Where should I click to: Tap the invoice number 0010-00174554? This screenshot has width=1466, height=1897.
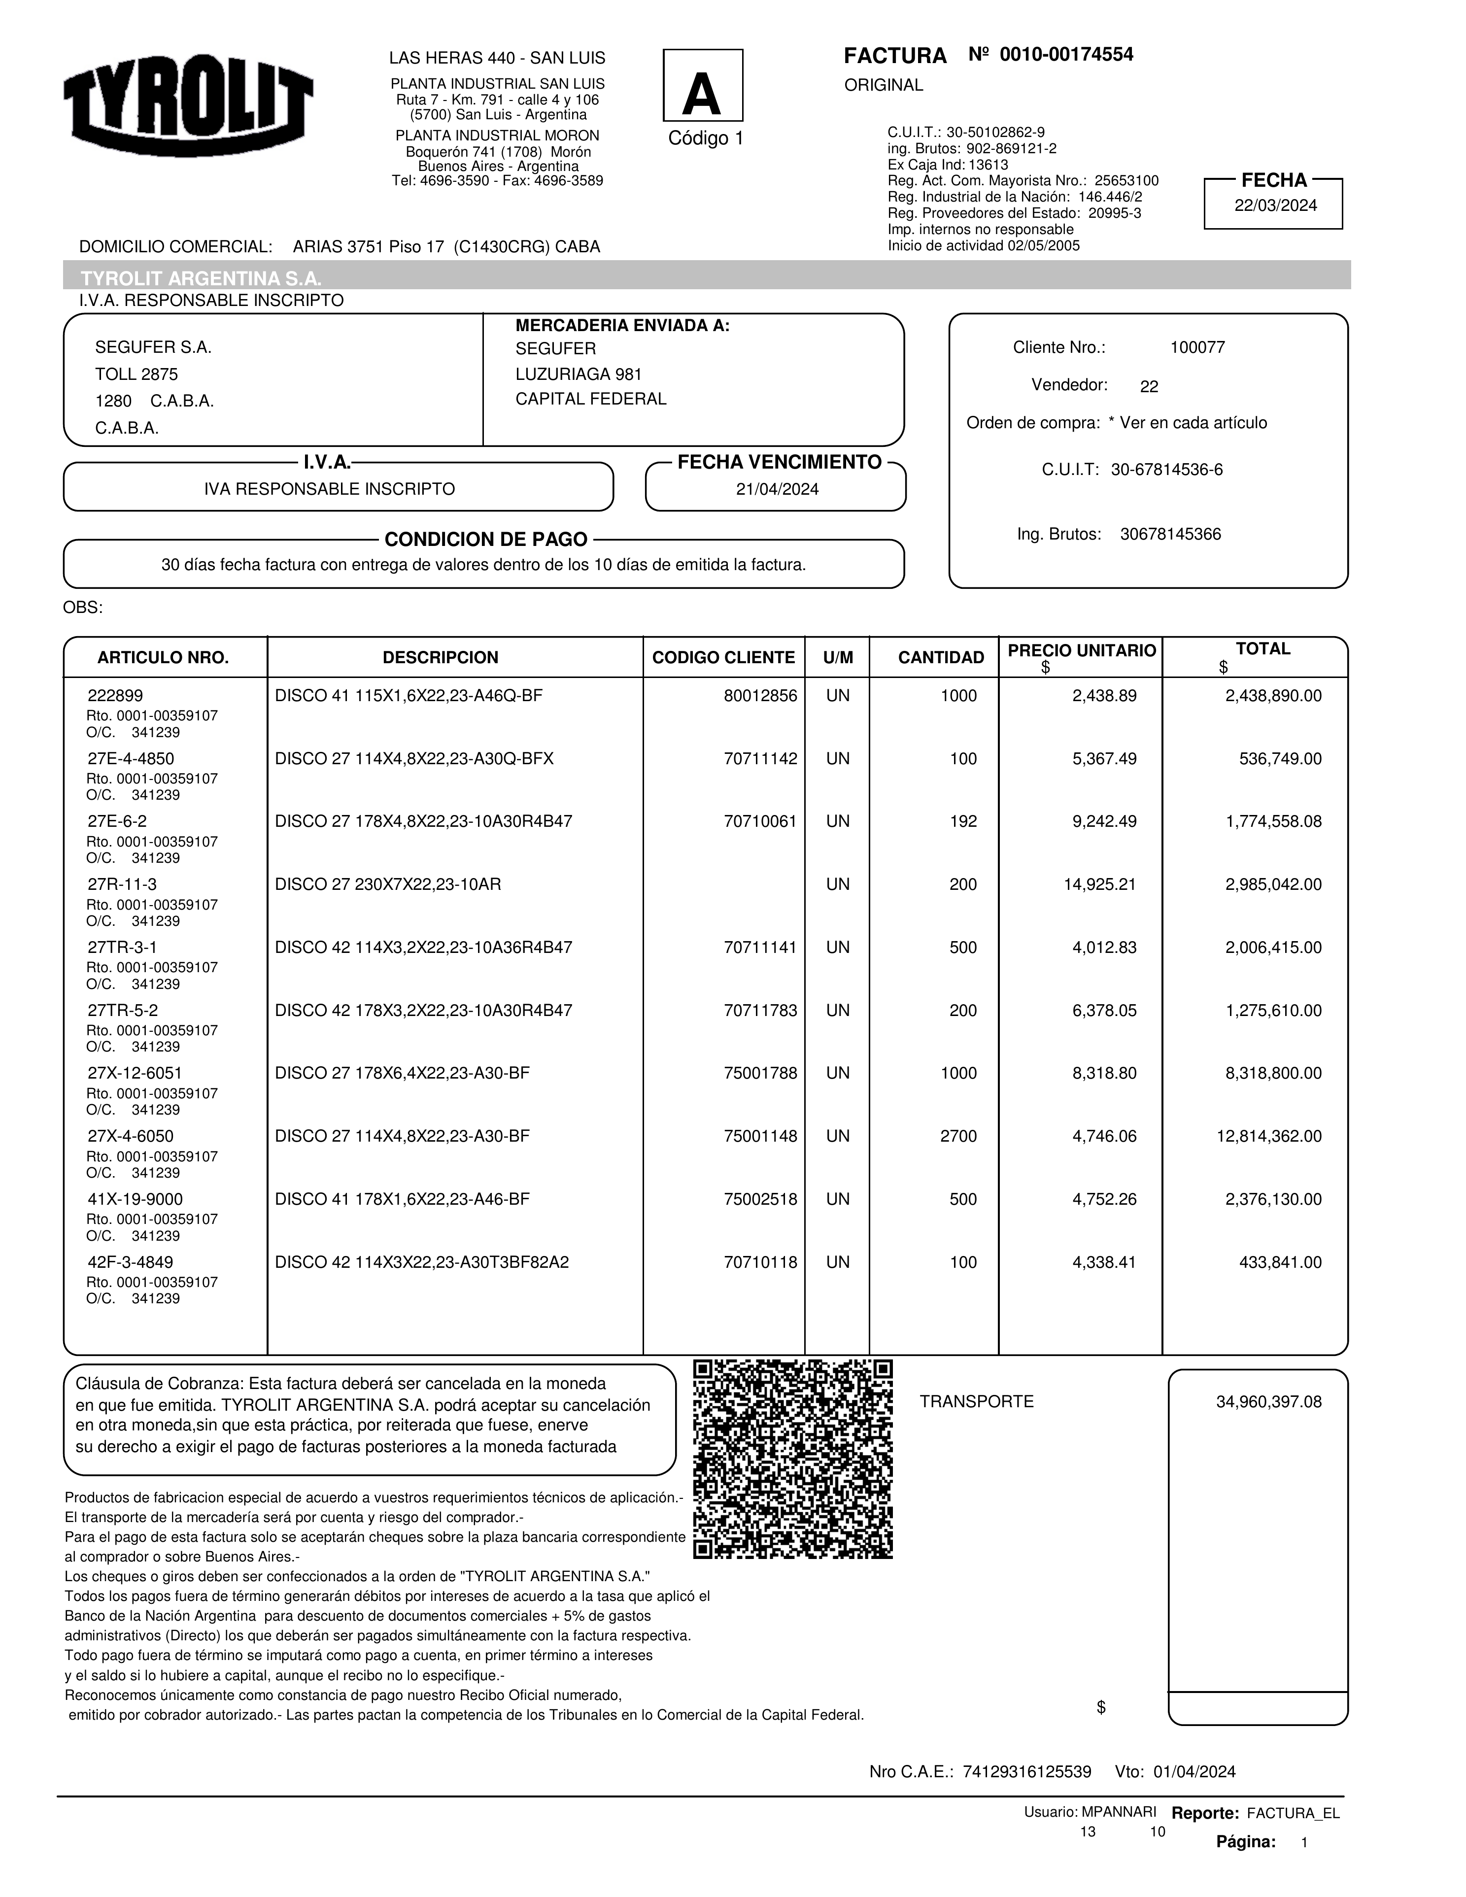(1066, 55)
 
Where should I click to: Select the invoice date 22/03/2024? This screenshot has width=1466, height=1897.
(1275, 206)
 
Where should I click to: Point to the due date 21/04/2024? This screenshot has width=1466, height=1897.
(777, 489)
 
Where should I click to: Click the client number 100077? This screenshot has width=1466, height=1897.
(1197, 347)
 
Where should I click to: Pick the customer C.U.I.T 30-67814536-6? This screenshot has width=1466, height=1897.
(1166, 470)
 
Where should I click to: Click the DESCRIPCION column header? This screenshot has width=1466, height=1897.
(441, 657)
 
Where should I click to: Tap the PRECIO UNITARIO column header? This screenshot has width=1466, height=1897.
(1081, 650)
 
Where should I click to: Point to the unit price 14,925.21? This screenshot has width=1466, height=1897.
(1099, 884)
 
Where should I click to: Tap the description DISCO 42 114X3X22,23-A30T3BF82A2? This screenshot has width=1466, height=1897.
(422, 1262)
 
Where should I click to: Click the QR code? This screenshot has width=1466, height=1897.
(793, 1459)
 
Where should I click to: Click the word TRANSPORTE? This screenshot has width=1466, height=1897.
(976, 1402)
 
